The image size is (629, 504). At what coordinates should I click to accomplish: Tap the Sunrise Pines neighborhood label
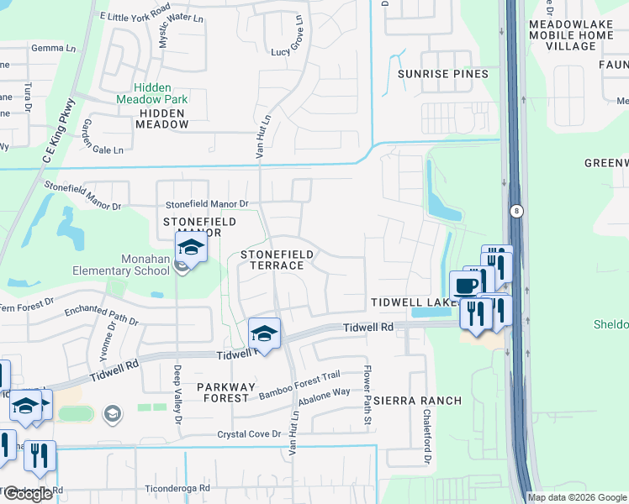[442, 74]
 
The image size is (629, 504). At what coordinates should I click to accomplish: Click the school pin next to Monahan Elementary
[191, 249]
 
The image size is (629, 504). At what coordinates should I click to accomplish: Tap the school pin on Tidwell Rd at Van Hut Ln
[264, 335]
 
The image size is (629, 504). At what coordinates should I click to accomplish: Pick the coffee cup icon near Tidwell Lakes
[465, 286]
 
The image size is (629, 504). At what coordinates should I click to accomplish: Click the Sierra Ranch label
[418, 401]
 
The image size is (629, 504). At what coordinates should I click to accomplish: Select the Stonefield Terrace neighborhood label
[277, 260]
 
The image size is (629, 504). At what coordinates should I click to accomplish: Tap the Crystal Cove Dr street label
[248, 433]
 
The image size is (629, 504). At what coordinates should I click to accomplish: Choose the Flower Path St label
[367, 396]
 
